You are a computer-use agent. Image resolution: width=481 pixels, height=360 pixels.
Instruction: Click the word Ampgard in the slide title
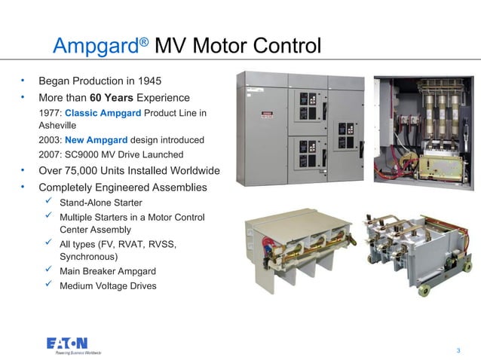click(94, 47)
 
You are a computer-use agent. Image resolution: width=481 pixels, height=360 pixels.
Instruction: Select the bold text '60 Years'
click(113, 98)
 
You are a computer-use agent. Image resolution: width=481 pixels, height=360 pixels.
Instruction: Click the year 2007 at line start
click(51, 154)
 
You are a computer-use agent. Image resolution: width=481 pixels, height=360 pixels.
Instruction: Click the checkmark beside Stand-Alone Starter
click(48, 202)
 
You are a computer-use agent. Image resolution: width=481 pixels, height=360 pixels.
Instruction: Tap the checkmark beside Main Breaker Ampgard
click(48, 270)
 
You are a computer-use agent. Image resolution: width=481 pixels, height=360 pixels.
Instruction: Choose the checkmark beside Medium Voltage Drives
click(48, 285)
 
